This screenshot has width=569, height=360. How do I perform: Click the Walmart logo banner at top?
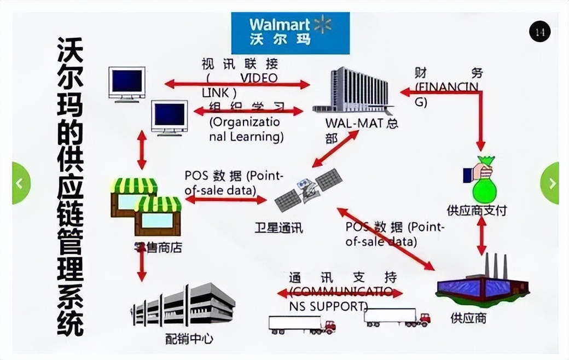(x=290, y=33)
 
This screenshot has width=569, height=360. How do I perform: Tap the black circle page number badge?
(x=539, y=32)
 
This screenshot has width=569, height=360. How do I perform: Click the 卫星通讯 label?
(x=278, y=227)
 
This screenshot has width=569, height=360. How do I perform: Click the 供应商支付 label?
(x=477, y=210)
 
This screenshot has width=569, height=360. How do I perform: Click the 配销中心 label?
(x=189, y=339)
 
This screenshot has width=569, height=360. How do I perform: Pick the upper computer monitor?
(x=127, y=84)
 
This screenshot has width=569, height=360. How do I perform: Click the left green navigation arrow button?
(x=20, y=183)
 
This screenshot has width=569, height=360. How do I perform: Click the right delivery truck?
(x=397, y=317)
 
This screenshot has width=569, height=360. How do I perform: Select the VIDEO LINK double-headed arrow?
(x=237, y=84)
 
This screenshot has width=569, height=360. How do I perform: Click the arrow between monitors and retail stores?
(x=142, y=150)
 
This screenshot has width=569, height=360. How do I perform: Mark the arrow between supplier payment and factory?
(x=482, y=236)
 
